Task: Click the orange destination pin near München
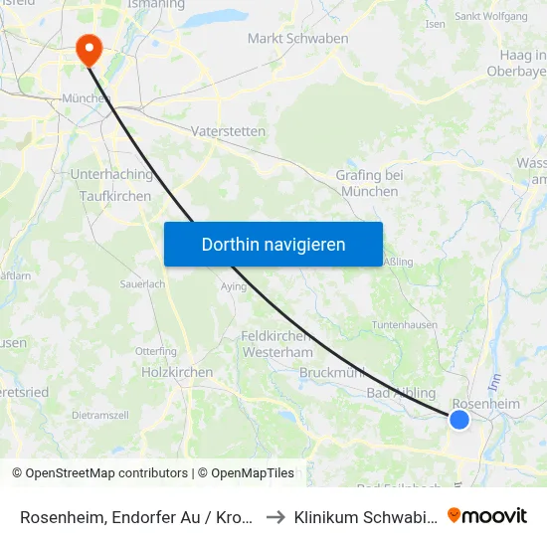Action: pyautogui.click(x=88, y=48)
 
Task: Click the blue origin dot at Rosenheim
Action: pyautogui.click(x=458, y=420)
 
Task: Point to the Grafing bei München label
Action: pyautogui.click(x=369, y=183)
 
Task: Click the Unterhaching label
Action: pyautogui.click(x=111, y=174)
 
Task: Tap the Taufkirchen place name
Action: pyautogui.click(x=115, y=196)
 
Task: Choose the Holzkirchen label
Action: pyautogui.click(x=177, y=372)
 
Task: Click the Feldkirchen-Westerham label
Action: pyautogui.click(x=276, y=344)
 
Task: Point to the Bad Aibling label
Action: pyautogui.click(x=401, y=393)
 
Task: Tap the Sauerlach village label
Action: pyautogui.click(x=140, y=283)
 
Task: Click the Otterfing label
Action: pyautogui.click(x=155, y=351)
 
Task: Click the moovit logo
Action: pyautogui.click(x=487, y=515)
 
